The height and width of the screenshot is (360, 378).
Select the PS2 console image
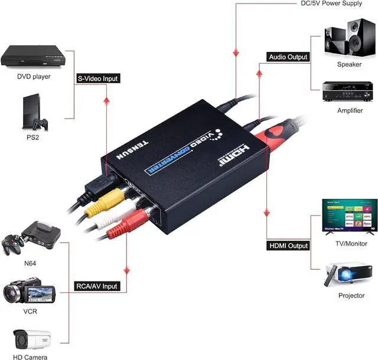(32, 113)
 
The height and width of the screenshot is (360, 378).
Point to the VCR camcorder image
(29, 293)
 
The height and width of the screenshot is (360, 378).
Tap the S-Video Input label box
(98, 78)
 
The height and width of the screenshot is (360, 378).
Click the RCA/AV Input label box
(97, 286)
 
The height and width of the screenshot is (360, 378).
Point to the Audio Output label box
(288, 57)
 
